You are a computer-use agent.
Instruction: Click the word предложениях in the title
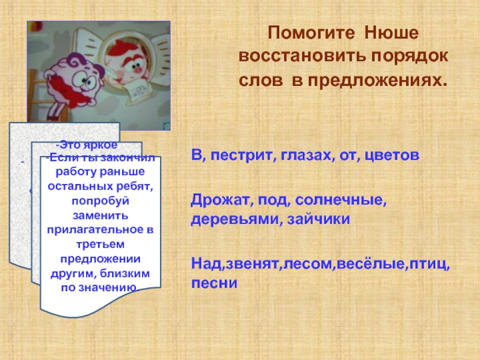coord(378,80)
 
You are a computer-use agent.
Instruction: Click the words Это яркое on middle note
coord(86,146)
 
